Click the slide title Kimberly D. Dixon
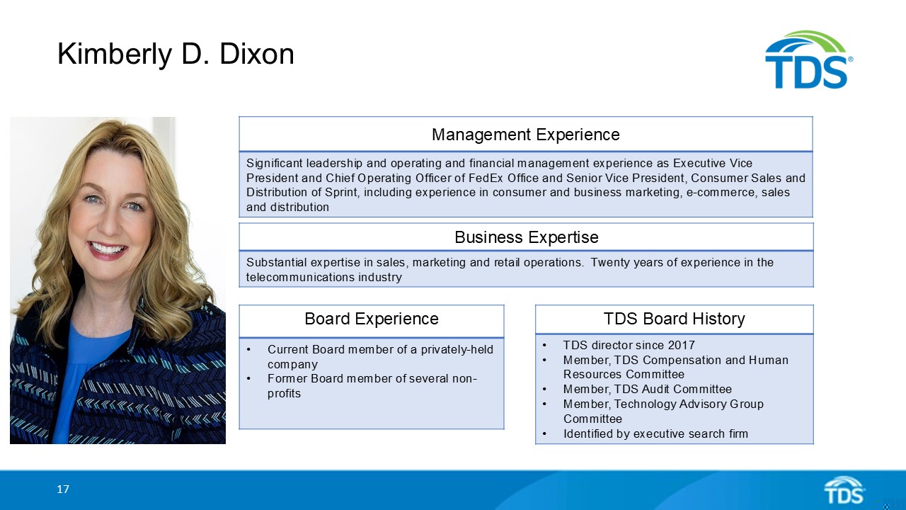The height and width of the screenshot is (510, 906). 176,54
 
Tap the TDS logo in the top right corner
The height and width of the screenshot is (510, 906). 808,61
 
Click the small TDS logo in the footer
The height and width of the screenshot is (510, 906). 844,490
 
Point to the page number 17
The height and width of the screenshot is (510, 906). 63,489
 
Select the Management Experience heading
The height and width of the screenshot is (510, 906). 525,135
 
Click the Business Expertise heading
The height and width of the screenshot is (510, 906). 526,237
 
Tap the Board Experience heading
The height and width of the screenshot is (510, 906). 371,319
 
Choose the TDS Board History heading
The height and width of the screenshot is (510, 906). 674,319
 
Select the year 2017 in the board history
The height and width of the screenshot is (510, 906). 681,346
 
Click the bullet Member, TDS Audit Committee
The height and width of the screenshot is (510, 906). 647,390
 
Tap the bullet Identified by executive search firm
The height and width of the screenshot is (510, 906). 655,433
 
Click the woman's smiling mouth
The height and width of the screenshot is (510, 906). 108,249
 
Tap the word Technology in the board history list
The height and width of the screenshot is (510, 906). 647,404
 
